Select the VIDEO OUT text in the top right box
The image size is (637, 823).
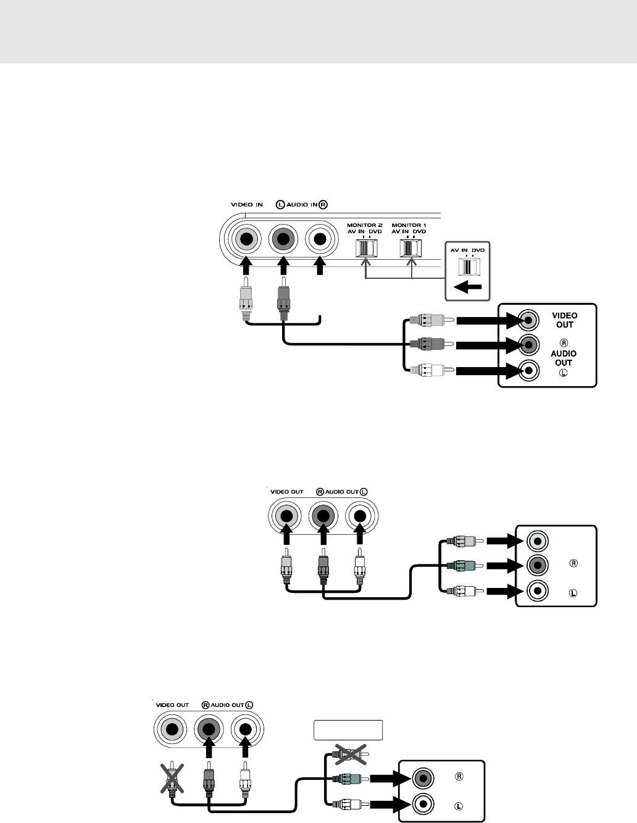point(564,320)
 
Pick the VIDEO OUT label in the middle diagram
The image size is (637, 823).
point(286,492)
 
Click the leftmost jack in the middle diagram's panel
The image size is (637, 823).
point(286,516)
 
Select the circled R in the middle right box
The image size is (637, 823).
point(573,564)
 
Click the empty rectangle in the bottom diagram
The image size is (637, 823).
point(348,730)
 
